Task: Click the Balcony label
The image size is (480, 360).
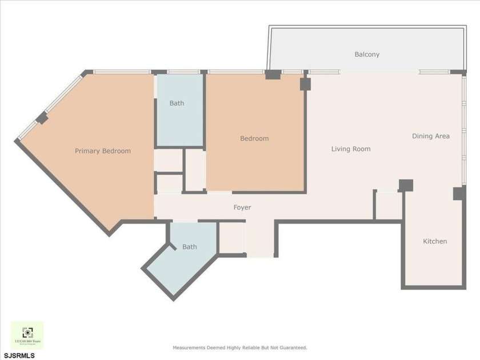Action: point(367,55)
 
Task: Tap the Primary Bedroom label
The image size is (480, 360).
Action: point(103,151)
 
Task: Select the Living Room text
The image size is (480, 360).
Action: point(351,149)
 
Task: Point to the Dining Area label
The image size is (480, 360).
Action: point(431,136)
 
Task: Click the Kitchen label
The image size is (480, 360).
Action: point(435,242)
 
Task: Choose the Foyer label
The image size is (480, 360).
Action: point(242,207)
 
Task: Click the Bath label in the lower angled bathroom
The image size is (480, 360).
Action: point(189,247)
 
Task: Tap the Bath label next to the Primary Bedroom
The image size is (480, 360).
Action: point(177,103)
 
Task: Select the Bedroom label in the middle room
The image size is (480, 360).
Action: point(254,138)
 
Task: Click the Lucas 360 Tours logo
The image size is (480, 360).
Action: point(27,335)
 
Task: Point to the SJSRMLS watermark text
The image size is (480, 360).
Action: point(18,355)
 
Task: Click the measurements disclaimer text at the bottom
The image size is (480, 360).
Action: point(240,347)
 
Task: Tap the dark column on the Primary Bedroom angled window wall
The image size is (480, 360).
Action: point(42,118)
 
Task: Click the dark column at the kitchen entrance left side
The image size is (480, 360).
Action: point(406,185)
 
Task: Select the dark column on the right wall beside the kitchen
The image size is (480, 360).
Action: point(459,193)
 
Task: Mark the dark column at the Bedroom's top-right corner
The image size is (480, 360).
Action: point(305,84)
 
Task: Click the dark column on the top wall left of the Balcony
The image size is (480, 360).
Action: point(273,74)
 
